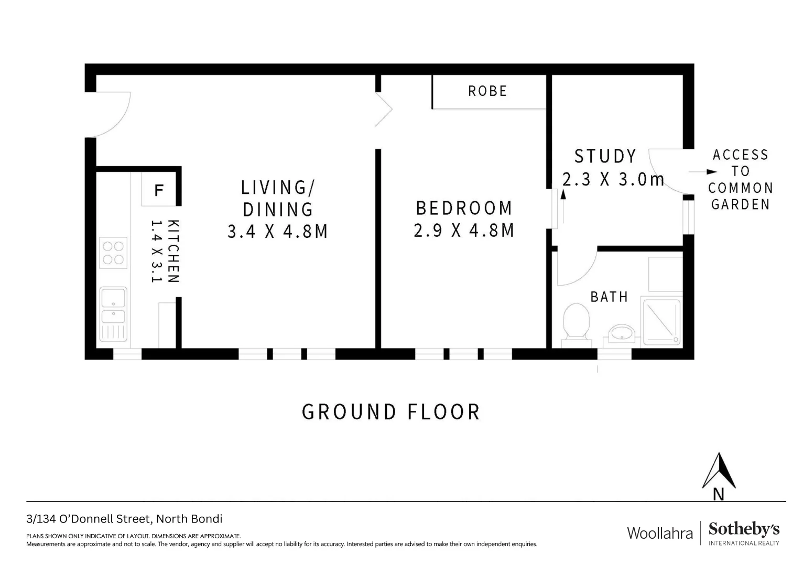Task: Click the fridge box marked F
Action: pos(158,190)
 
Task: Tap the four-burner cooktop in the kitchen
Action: pos(113,252)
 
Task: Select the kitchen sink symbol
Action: pos(113,307)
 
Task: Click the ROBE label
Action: pos(487,91)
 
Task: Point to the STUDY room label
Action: pos(605,156)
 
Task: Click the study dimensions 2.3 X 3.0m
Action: pos(613,179)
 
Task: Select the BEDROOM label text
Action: pos(464,208)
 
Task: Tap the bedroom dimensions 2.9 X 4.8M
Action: pos(464,231)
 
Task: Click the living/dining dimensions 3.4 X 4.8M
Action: pos(278,231)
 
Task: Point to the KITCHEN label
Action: pos(173,251)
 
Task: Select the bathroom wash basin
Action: pos(622,333)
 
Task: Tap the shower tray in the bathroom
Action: pos(661,322)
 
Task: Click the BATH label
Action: pos(609,297)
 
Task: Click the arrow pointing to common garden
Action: pos(702,171)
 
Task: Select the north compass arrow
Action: pos(719,471)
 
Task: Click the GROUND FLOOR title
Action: pos(391,412)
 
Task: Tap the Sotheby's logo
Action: pos(744,533)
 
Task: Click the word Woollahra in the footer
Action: pos(660,534)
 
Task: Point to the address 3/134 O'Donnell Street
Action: pos(124,519)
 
